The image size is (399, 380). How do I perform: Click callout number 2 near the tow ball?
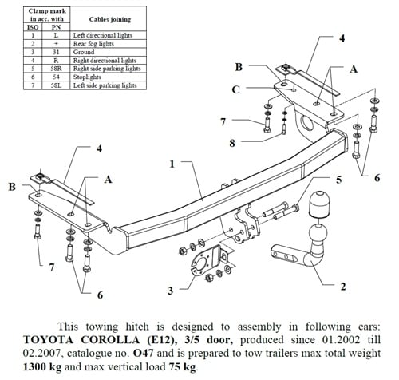click(342, 286)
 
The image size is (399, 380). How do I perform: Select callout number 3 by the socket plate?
click(170, 290)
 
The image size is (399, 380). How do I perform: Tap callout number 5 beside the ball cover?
click(338, 180)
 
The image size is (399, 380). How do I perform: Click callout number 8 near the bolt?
click(232, 144)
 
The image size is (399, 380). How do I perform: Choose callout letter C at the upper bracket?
click(236, 90)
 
